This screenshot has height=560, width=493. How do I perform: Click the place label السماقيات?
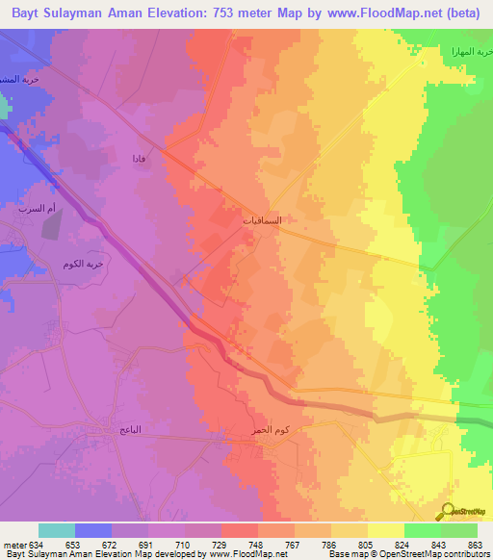click(262, 220)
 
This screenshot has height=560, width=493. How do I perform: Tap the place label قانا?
click(140, 158)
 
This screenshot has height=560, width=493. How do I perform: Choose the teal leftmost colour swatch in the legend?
click(57, 530)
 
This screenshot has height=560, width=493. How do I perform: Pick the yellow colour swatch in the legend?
click(385, 530)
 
